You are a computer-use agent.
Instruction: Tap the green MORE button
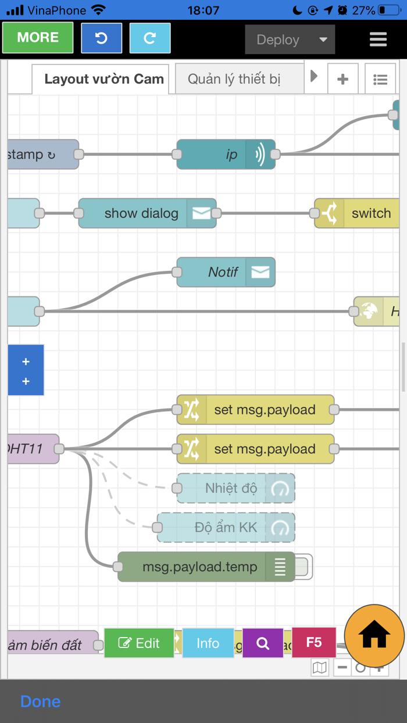pyautogui.click(x=38, y=38)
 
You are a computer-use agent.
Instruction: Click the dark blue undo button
pyautogui.click(x=101, y=38)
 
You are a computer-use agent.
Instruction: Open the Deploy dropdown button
pyautogui.click(x=290, y=40)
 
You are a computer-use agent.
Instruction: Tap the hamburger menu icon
pyautogui.click(x=378, y=40)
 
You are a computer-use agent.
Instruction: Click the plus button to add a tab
pyautogui.click(x=343, y=79)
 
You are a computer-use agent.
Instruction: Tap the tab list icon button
pyautogui.click(x=380, y=79)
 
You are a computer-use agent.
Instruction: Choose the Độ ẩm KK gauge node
pyautogui.click(x=226, y=528)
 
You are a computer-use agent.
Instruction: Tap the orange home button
pyautogui.click(x=374, y=635)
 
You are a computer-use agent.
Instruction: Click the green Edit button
pyautogui.click(x=139, y=643)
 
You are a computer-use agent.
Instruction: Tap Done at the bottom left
pyautogui.click(x=40, y=701)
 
